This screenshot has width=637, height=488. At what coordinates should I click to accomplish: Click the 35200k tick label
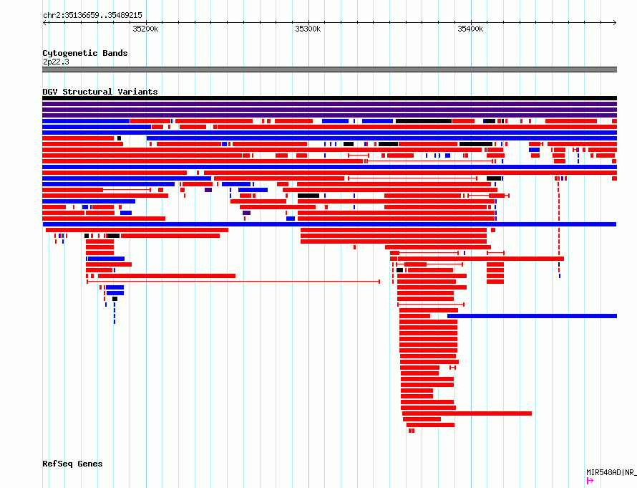(145, 29)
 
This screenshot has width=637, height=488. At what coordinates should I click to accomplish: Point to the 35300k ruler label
(308, 29)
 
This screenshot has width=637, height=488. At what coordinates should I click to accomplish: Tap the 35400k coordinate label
(470, 29)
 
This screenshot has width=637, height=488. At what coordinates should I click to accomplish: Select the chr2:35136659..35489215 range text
(92, 15)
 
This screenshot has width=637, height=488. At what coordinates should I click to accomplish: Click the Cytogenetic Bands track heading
(85, 53)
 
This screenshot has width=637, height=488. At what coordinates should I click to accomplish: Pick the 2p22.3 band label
(56, 62)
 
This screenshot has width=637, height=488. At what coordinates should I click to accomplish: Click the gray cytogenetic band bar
(329, 70)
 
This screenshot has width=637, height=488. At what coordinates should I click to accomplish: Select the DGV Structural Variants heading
(100, 92)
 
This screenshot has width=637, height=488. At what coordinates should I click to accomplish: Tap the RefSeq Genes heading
(72, 464)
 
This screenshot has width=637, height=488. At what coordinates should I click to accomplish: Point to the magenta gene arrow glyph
(590, 481)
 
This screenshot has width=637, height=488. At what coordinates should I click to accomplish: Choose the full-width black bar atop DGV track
(329, 98)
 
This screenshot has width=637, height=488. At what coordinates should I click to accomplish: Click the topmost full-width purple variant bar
(329, 104)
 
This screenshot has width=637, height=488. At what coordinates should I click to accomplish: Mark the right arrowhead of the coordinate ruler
(616, 22)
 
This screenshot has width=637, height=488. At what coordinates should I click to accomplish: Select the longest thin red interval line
(233, 282)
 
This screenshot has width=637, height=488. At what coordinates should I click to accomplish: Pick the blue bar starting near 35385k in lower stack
(533, 316)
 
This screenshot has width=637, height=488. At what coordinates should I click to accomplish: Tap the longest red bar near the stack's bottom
(467, 413)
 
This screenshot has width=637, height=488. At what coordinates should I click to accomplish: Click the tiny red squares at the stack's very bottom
(412, 431)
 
